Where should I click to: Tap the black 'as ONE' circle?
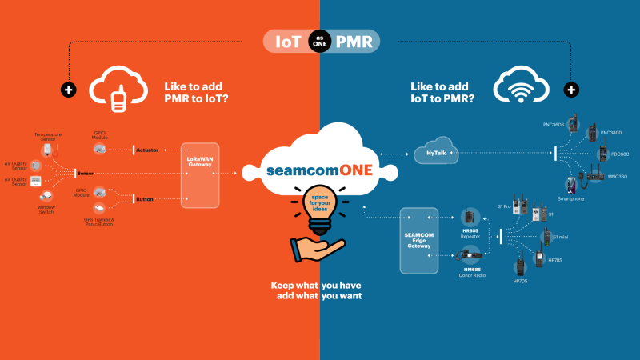pyautogui.click(x=320, y=42)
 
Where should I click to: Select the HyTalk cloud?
pyautogui.click(x=434, y=153)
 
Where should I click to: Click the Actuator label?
pyautogui.click(x=147, y=150)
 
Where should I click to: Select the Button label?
pyautogui.click(x=146, y=198)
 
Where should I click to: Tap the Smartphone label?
pyautogui.click(x=570, y=198)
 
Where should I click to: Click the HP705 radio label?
pyautogui.click(x=519, y=282)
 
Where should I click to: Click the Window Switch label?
pyautogui.click(x=46, y=210)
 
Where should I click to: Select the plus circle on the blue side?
pyautogui.click(x=570, y=89)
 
